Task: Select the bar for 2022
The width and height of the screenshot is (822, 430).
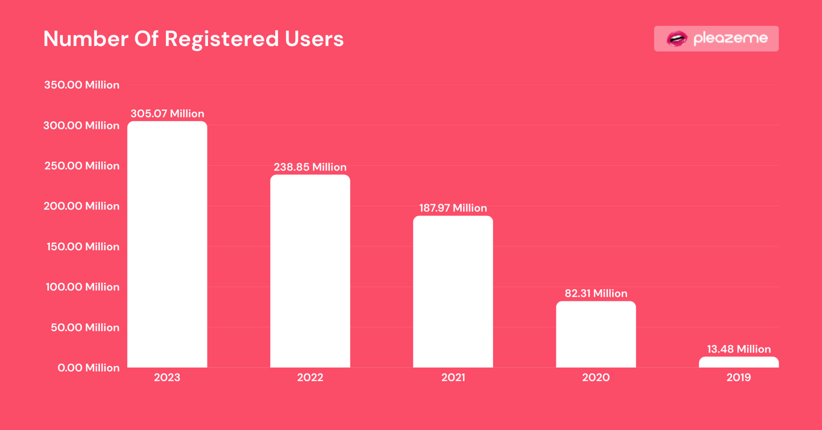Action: pyautogui.click(x=310, y=271)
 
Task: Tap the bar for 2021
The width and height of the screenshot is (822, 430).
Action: pyautogui.click(x=453, y=291)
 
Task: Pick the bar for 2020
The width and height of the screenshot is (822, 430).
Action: pyautogui.click(x=596, y=334)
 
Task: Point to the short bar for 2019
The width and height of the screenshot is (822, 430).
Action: pyautogui.click(x=739, y=362)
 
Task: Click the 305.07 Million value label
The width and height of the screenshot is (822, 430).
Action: pyautogui.click(x=167, y=114)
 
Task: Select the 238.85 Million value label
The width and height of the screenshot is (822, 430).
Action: pyautogui.click(x=310, y=167)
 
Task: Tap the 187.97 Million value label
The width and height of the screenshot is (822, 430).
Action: pyautogui.click(x=453, y=208)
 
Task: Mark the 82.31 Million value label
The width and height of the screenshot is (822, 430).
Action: pyautogui.click(x=596, y=293)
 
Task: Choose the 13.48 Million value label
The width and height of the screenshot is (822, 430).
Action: pyautogui.click(x=739, y=349)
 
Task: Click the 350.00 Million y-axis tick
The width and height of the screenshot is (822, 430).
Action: pyautogui.click(x=81, y=85)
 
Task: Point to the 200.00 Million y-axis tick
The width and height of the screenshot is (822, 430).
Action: pyautogui.click(x=81, y=206)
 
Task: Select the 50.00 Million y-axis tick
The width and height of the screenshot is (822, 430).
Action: pyautogui.click(x=85, y=328)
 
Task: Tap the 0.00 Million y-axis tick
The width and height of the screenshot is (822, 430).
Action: pyautogui.click(x=88, y=368)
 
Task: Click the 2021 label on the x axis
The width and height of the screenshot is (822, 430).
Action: pyautogui.click(x=453, y=377)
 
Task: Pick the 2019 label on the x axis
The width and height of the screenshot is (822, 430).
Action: pyautogui.click(x=739, y=377)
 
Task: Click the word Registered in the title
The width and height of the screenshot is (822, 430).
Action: pyautogui.click(x=222, y=39)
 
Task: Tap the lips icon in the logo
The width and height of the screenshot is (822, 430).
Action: pyautogui.click(x=677, y=39)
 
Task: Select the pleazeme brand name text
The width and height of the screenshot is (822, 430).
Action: pyautogui.click(x=730, y=39)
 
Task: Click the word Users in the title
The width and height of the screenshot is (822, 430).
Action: pyautogui.click(x=314, y=39)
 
